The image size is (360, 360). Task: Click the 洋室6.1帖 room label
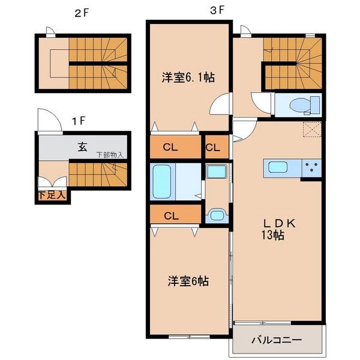click(188, 77)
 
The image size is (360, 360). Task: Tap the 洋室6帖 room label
click(188, 281)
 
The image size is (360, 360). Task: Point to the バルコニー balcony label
click(275, 340)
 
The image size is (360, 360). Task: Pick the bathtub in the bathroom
click(163, 182)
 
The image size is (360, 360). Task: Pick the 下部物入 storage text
click(110, 155)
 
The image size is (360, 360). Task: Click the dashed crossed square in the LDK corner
click(312, 130)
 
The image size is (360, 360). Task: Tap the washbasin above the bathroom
click(215, 172)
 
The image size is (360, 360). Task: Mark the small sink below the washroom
click(215, 215)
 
